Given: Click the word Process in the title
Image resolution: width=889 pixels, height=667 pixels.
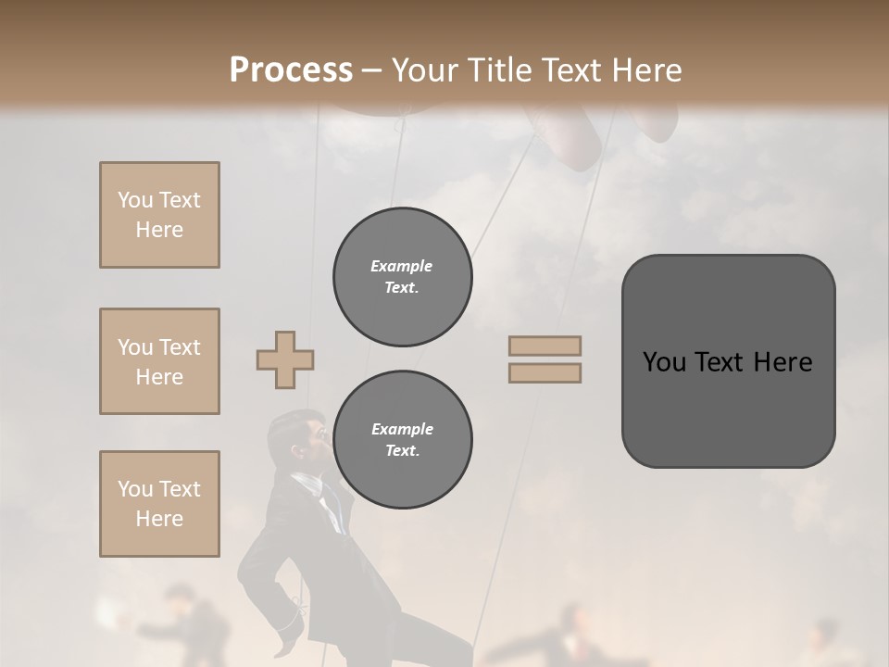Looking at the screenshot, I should [291, 70].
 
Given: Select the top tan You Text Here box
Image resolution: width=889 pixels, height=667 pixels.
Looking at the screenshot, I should [159, 215].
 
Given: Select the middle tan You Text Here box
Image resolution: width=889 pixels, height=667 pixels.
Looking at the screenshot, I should [159, 361].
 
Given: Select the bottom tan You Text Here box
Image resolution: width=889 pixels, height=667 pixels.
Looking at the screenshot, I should [159, 504].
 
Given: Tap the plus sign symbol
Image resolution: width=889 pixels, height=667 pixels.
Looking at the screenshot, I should [285, 359].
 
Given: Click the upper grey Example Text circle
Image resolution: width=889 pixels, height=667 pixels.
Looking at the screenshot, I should [402, 277].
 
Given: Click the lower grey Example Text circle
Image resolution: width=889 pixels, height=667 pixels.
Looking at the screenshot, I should [402, 439].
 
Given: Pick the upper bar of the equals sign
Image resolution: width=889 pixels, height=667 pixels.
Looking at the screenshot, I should [545, 346].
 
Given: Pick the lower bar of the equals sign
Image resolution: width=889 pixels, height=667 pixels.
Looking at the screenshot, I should [545, 373].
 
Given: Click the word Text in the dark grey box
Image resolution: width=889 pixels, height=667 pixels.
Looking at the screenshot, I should [727, 362].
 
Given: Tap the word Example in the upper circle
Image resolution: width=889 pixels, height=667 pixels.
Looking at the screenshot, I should [402, 266].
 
